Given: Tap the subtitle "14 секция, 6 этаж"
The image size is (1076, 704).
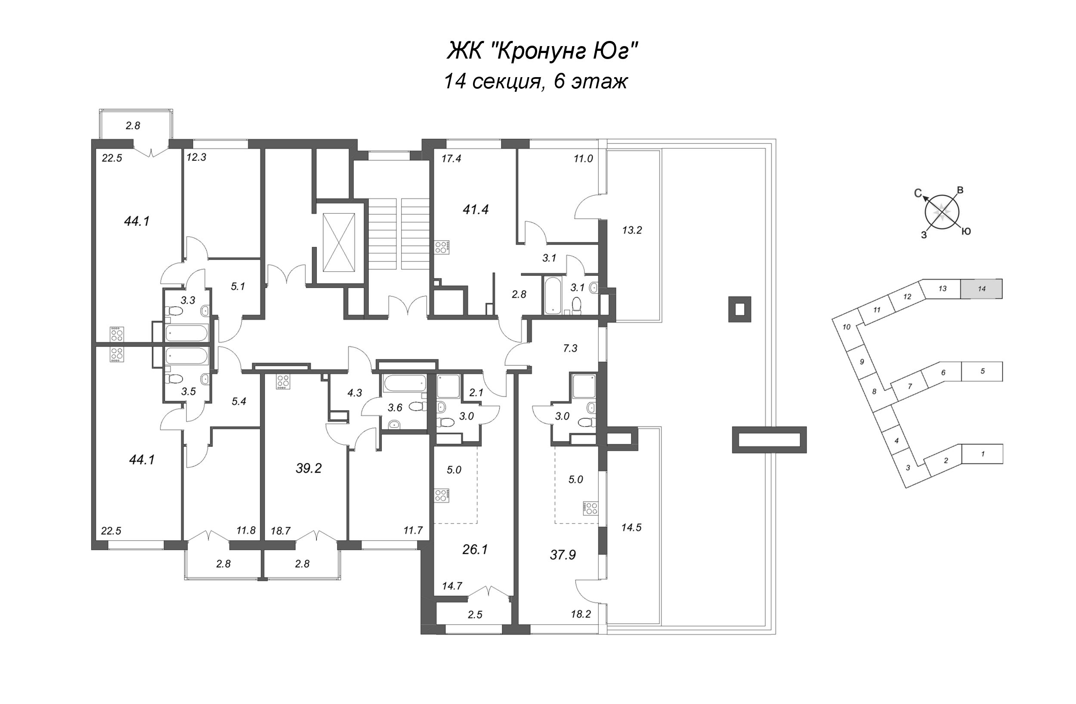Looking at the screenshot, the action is (536, 82).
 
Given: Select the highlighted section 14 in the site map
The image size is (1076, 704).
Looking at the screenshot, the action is (981, 289).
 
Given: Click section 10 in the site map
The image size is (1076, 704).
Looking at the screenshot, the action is (847, 327).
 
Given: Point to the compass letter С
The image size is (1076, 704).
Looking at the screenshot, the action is (918, 193).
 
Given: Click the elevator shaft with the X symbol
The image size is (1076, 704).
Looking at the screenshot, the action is (339, 243).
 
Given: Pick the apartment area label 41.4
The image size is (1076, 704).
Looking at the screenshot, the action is (476, 209).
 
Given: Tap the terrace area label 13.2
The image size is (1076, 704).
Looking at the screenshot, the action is (631, 230).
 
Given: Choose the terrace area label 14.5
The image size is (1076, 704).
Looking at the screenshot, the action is (631, 527).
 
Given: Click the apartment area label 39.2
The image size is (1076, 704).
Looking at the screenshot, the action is (308, 468).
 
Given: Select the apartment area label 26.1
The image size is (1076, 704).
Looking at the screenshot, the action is (475, 549).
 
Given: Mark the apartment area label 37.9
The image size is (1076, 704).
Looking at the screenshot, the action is (563, 554).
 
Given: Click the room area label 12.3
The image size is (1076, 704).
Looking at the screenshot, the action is (196, 157).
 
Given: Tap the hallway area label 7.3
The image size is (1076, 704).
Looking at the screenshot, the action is (570, 348).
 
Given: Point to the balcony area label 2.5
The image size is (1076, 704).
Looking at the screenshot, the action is (475, 614).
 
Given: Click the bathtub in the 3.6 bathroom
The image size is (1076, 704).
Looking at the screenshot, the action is (405, 385).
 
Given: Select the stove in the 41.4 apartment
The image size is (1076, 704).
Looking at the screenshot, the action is (442, 246).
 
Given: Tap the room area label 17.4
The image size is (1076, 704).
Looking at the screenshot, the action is (451, 159).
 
